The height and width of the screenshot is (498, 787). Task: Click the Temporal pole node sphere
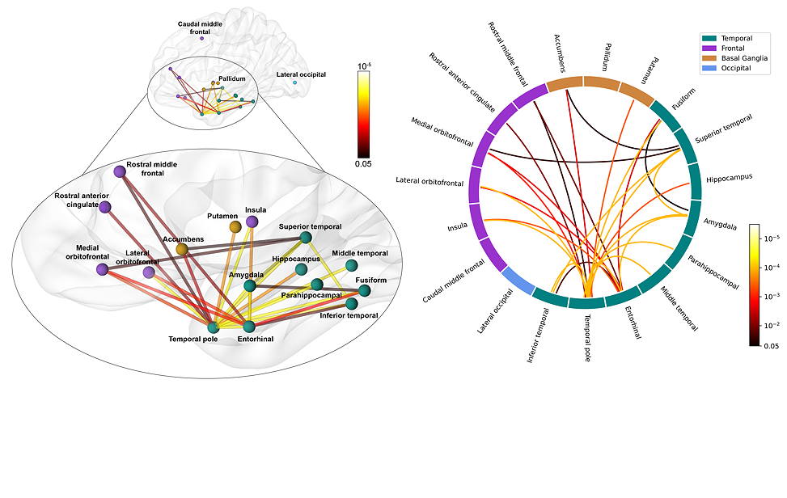(214, 327)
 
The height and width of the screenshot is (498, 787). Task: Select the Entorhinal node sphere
(249, 327)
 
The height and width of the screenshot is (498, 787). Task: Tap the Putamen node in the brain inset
(235, 227)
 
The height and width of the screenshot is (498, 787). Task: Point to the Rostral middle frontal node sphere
(120, 171)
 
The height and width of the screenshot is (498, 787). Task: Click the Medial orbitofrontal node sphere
(102, 269)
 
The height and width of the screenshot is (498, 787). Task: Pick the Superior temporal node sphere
(306, 238)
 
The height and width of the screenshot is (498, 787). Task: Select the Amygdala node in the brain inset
(250, 285)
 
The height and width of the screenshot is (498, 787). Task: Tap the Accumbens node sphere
(182, 250)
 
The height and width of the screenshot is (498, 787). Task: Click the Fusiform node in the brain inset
(365, 290)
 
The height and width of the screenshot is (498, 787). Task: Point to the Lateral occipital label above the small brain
(301, 74)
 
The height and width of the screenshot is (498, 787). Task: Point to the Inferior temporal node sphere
(352, 304)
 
